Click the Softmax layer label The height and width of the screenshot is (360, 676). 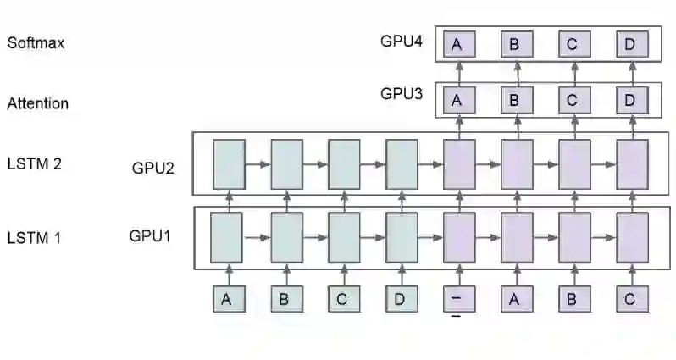(x=36, y=43)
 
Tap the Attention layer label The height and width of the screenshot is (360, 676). (x=38, y=104)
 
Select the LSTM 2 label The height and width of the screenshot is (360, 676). (x=34, y=164)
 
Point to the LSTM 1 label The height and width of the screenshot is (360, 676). (x=34, y=238)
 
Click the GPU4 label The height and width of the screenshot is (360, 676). (x=402, y=40)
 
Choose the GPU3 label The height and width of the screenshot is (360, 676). (x=402, y=93)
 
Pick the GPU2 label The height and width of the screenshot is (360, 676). (x=153, y=168)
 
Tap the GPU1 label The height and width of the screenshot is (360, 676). (x=150, y=235)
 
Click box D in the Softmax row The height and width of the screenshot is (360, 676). (x=631, y=44)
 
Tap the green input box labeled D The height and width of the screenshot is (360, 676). (x=401, y=299)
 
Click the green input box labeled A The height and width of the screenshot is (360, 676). (x=227, y=299)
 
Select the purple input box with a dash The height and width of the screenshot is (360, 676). (x=458, y=299)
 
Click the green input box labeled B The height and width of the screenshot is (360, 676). (x=285, y=299)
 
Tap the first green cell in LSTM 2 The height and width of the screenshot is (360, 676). (x=228, y=163)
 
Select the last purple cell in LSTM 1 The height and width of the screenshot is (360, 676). (x=632, y=237)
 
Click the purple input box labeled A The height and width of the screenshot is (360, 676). (x=516, y=299)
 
